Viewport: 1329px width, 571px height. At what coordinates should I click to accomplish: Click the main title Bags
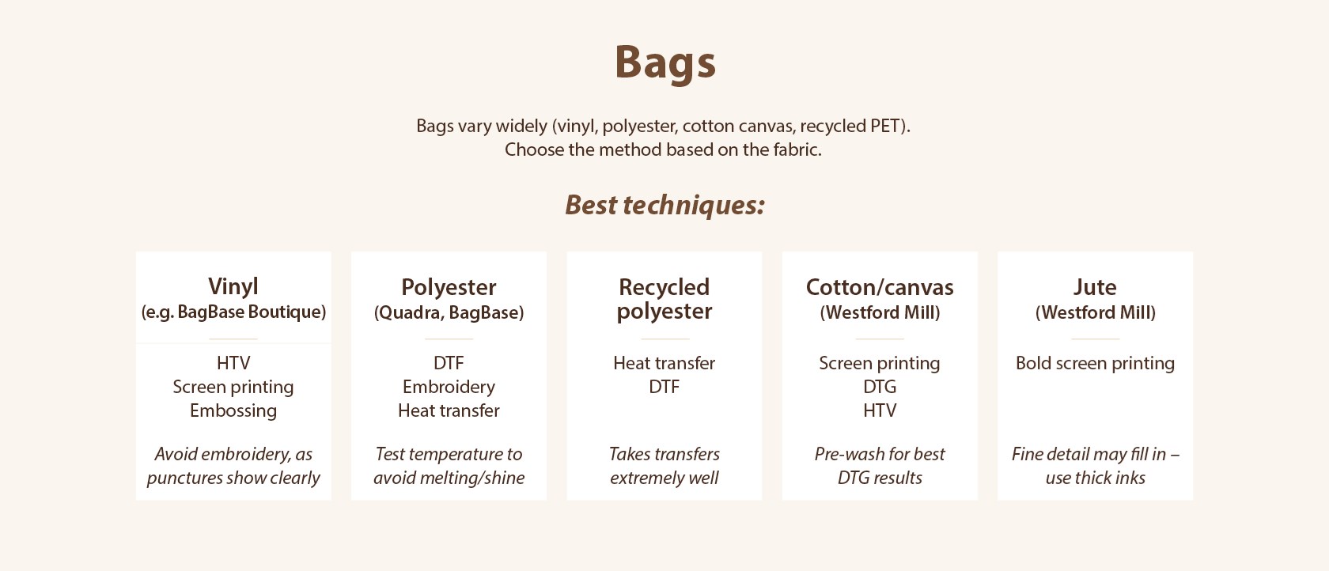tap(665, 62)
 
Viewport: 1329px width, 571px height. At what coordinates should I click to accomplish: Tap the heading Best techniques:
tap(664, 206)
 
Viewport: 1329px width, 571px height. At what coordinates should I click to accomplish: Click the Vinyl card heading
tap(233, 286)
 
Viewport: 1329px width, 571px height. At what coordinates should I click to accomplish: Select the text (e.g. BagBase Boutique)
tap(233, 312)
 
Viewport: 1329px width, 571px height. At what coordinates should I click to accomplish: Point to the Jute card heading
tap(1095, 287)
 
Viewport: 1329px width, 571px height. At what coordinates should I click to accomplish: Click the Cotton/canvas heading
tap(880, 287)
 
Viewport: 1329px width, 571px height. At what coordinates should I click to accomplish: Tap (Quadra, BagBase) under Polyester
tap(449, 312)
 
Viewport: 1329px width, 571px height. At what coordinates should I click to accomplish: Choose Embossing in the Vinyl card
tap(233, 411)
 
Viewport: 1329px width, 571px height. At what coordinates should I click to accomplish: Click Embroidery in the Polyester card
tap(449, 388)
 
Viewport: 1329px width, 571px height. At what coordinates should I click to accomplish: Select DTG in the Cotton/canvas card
tap(880, 387)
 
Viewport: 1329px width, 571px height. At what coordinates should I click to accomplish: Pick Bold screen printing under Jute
tap(1095, 363)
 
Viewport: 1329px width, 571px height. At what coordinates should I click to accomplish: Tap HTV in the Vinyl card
tap(233, 363)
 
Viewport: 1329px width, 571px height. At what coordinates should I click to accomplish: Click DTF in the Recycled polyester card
tap(664, 387)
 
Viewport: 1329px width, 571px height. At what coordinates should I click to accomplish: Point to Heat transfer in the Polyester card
tap(449, 410)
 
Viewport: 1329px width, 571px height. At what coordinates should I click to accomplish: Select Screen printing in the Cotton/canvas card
tap(880, 363)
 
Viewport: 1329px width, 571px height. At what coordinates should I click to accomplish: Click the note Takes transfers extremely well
tap(664, 466)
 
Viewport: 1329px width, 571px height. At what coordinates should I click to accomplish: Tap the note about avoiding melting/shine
tap(449, 466)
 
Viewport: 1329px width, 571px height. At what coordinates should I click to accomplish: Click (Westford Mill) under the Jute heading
tap(1095, 312)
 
